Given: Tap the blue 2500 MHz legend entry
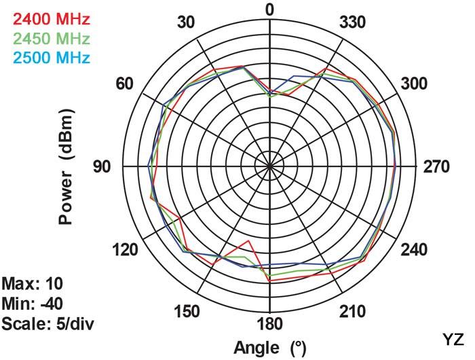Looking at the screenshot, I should tap(47, 57).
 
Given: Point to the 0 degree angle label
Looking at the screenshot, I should tap(270, 10).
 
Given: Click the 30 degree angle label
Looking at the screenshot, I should tap(186, 22).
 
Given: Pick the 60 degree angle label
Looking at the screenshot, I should tap(125, 84).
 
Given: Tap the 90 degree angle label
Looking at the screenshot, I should tap(102, 166).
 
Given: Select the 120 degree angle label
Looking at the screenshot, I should tap(125, 250).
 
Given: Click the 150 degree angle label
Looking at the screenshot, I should tap(186, 312).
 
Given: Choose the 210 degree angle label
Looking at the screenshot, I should tap(352, 312).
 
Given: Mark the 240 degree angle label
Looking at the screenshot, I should tap(414, 250).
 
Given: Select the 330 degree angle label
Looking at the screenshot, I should tap(352, 22).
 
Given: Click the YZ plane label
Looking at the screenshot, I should tap(453, 338).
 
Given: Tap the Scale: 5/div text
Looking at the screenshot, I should tap(47, 323).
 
